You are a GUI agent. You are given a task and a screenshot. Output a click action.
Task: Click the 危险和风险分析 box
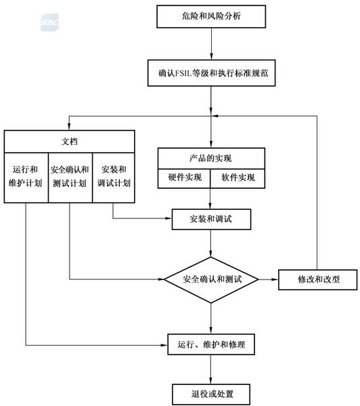click(212, 16)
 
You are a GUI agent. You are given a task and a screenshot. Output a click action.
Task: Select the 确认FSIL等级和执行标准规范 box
click(212, 71)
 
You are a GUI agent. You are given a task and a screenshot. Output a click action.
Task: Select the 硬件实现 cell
click(185, 178)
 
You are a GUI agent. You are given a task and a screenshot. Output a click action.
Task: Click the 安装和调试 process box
click(212, 219)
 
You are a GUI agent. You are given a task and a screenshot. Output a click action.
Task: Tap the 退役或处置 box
click(212, 392)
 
